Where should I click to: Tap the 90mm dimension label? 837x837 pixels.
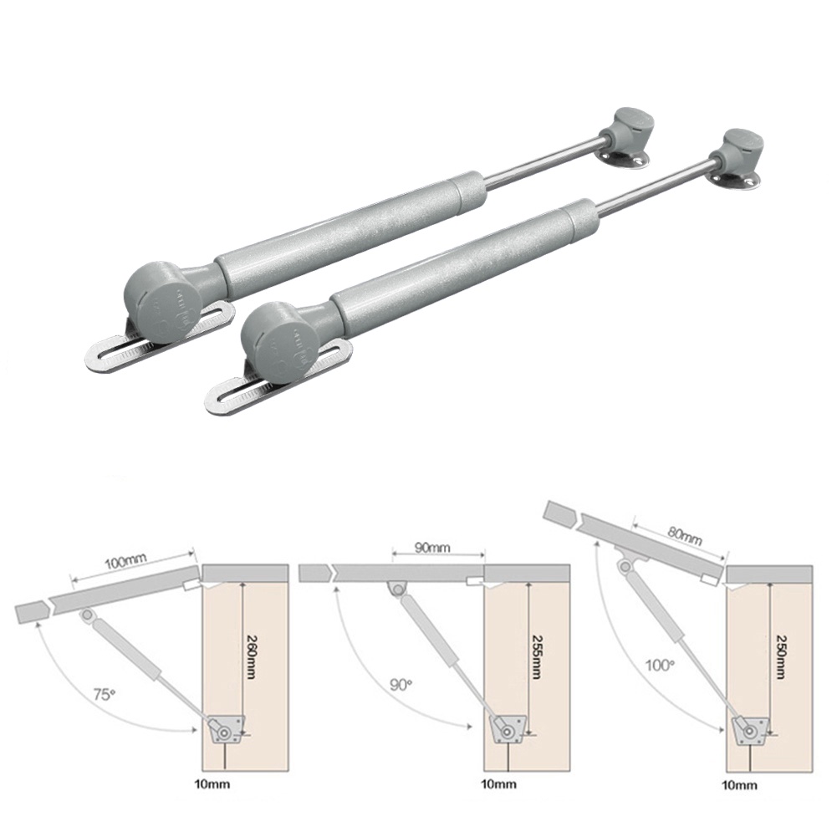[x=432, y=548]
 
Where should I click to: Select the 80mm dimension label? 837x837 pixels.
[x=684, y=535]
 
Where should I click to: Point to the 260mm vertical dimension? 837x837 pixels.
[x=251, y=656]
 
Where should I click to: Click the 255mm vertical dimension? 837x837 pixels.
[x=536, y=656]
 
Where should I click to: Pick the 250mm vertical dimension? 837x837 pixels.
[x=781, y=656]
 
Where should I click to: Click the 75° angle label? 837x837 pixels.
[x=104, y=695]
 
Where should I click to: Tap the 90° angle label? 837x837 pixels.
[x=401, y=684]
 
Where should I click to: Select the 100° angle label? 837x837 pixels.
[x=661, y=665]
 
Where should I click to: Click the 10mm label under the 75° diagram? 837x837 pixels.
[x=213, y=783]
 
